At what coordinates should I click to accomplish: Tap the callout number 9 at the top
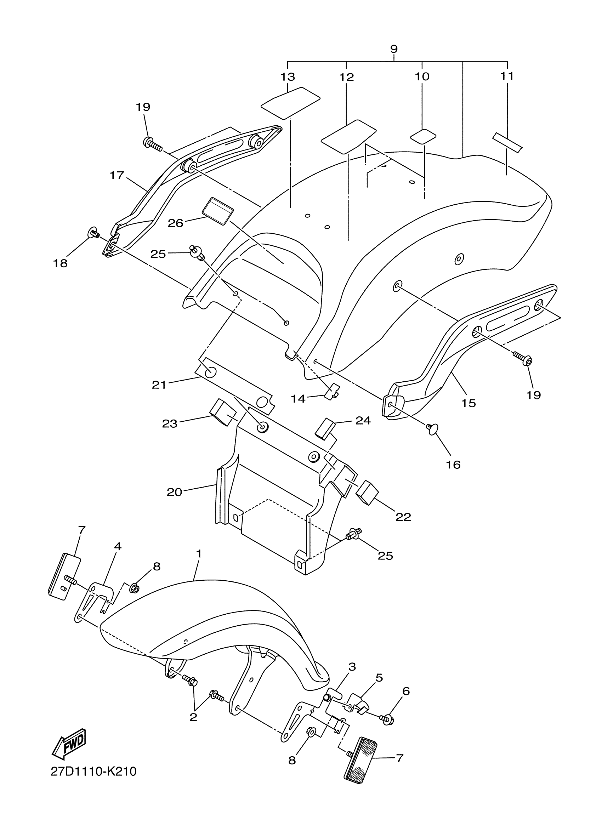coord(394,49)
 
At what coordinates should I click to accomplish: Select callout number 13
coord(288,76)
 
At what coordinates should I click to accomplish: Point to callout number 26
coord(175,223)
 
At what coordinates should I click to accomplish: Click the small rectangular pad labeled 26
coord(218,210)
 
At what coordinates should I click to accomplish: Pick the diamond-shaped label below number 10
coord(422,137)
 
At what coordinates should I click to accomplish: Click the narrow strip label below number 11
coord(507,143)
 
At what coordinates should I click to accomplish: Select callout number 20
coord(175,492)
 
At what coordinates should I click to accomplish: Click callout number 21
coord(159,385)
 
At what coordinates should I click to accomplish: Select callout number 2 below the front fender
coord(193,717)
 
